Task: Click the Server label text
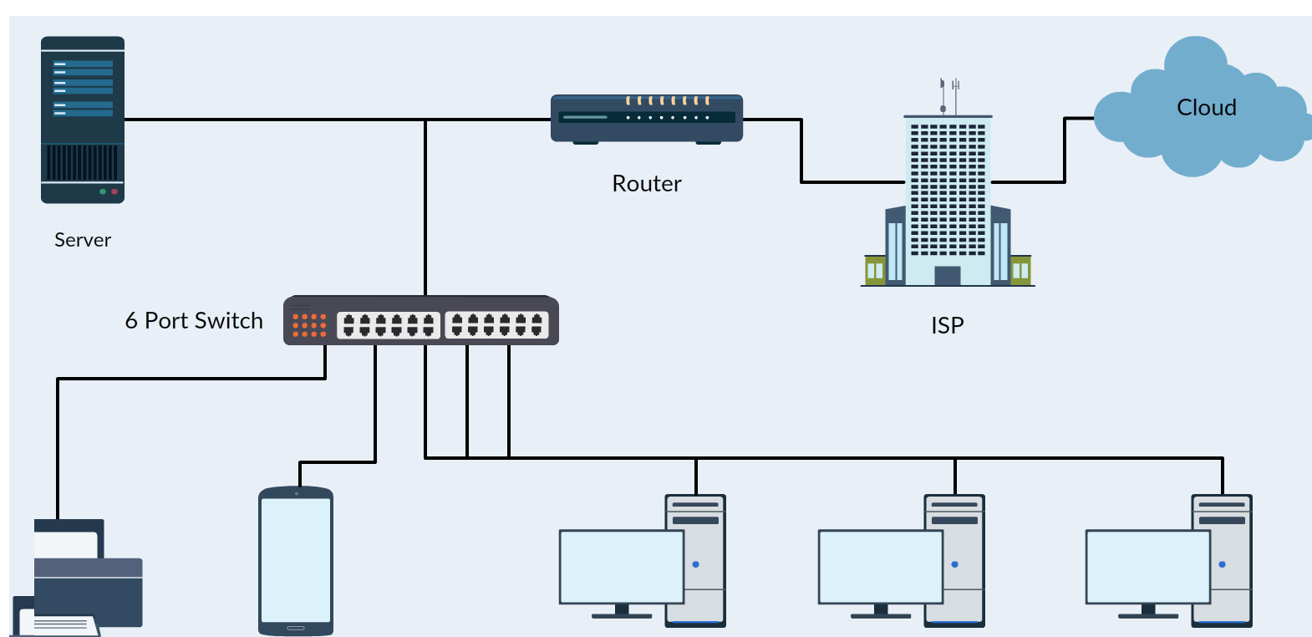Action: [x=83, y=240]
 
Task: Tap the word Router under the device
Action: [x=647, y=184]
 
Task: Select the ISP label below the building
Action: [x=948, y=325]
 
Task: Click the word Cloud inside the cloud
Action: [x=1206, y=108]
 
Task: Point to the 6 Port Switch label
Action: [x=194, y=321]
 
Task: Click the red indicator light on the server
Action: [x=114, y=191]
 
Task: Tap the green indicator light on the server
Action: [x=103, y=191]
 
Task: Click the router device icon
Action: [x=647, y=119]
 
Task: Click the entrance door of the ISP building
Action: [x=947, y=276]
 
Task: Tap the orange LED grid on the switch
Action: [x=309, y=325]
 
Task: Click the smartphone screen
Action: [x=296, y=560]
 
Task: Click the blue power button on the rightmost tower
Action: [x=1222, y=564]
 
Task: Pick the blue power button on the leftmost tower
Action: [x=695, y=564]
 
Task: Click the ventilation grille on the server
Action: [x=83, y=162]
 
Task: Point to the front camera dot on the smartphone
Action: [x=296, y=493]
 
